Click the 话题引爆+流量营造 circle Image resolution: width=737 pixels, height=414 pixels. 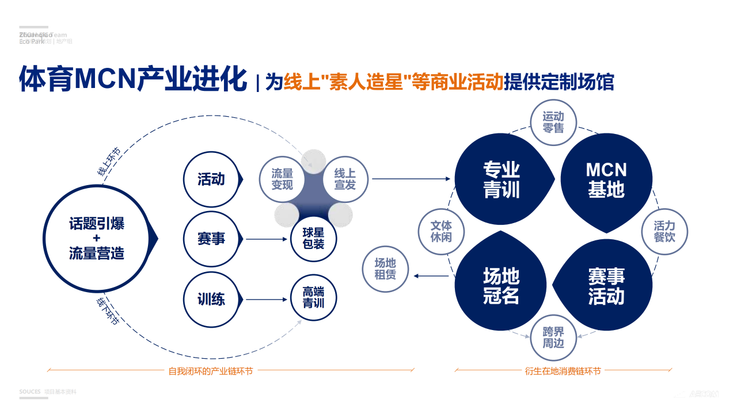97,238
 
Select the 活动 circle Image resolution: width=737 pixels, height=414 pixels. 211,179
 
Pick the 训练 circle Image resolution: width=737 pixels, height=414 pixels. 211,299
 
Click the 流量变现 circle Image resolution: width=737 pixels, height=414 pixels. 282,179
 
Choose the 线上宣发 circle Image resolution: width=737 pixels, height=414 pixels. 345,179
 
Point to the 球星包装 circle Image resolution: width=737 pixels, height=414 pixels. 313,239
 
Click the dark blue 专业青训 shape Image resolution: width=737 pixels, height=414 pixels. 501,179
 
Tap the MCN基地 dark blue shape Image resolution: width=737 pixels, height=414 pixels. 606,179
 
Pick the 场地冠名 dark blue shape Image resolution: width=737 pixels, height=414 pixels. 501,286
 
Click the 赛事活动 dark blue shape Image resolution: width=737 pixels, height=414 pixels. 606,286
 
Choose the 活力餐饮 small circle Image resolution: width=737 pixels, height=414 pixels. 664,231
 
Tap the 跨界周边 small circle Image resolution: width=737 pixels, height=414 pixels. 553,338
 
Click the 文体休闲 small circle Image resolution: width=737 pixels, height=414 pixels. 441,231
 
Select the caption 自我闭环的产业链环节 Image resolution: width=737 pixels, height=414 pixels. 211,371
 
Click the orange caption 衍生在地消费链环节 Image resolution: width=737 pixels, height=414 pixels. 563,371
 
